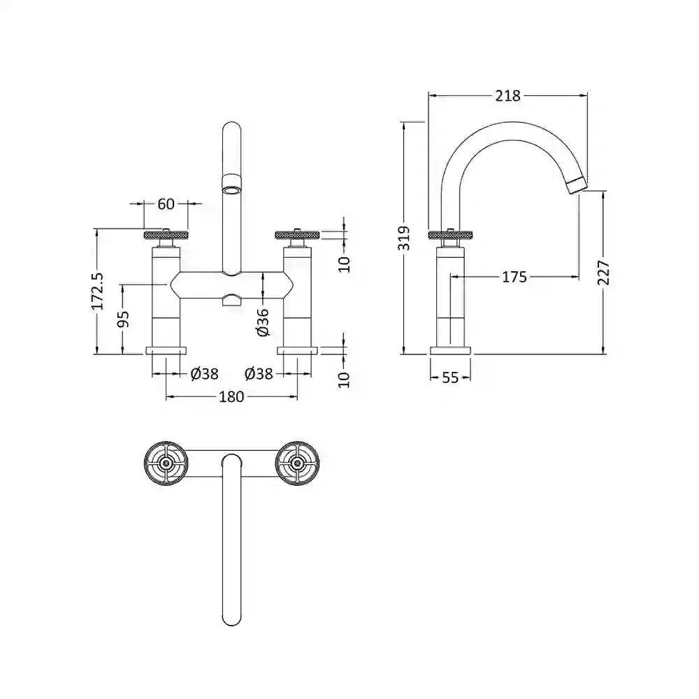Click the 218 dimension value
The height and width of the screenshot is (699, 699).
tap(507, 95)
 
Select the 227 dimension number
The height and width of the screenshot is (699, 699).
tap(604, 273)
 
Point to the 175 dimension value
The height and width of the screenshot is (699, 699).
tap(514, 277)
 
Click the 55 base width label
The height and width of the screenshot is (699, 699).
tap(450, 377)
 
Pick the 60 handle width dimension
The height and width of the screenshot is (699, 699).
tap(166, 203)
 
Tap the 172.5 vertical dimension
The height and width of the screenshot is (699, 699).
tap(97, 291)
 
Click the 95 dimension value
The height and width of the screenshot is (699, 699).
tap(124, 319)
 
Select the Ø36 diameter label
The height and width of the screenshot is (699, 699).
tap(263, 322)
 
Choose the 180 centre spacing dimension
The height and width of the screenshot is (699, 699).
tap(231, 396)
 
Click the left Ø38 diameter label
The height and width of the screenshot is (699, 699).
tap(204, 373)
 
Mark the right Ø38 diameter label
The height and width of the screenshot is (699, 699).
tap(259, 373)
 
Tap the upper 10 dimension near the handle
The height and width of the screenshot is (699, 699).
tap(345, 264)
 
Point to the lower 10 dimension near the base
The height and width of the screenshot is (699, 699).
tap(345, 380)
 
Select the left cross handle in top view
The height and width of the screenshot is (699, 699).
tap(166, 463)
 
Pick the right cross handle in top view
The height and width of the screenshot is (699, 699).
tap(297, 463)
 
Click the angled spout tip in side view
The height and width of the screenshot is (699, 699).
tap(578, 184)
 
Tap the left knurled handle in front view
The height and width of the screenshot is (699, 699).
tap(166, 234)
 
